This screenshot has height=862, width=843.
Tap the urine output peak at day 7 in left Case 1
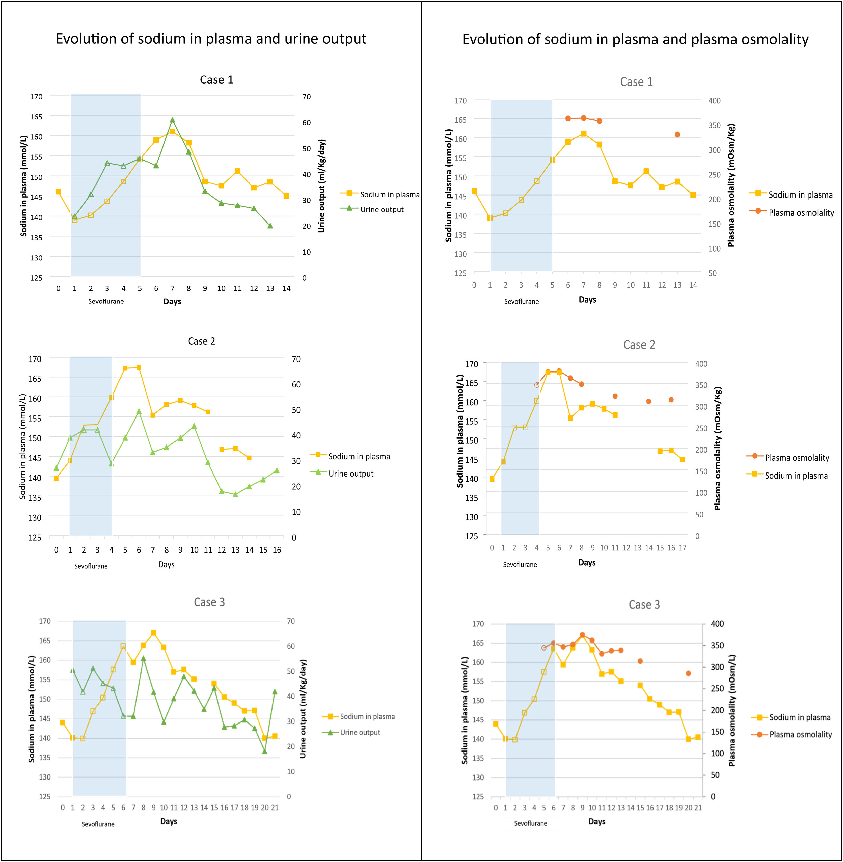(x=172, y=120)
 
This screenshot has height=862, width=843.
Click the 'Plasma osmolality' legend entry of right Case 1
(x=801, y=212)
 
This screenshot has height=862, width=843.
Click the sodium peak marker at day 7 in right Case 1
(x=584, y=133)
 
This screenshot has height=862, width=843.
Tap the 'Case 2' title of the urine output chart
(x=201, y=341)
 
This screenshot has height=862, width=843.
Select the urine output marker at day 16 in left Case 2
(x=277, y=470)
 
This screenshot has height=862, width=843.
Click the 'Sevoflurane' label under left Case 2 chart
(x=91, y=566)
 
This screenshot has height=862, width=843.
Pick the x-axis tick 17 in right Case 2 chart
(x=682, y=548)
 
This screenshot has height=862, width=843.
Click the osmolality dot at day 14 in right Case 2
(x=649, y=401)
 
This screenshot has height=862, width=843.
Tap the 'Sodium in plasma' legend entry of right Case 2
(x=796, y=476)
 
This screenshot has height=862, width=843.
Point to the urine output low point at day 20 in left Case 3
(x=265, y=751)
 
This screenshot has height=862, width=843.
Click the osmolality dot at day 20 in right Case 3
(x=688, y=673)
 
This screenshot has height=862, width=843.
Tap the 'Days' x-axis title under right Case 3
(x=596, y=821)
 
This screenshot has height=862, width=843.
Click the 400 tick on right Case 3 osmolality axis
(x=717, y=623)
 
